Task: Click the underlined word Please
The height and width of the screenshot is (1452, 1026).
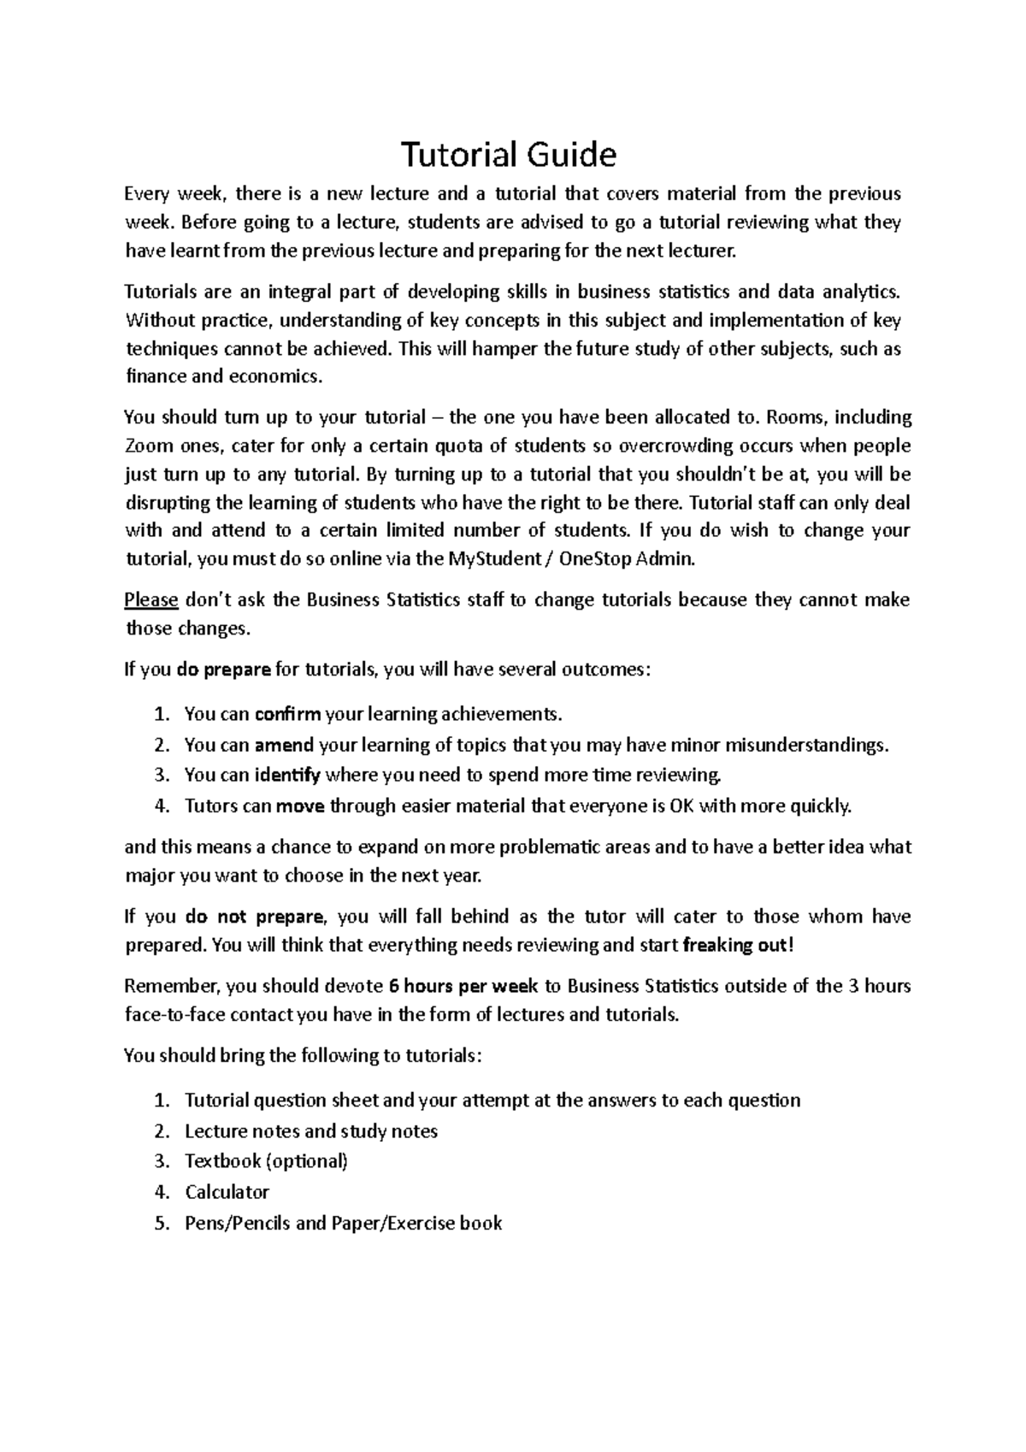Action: tap(150, 599)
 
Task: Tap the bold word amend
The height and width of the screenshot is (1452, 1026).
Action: tap(284, 744)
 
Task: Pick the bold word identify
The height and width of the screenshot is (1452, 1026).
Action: tap(287, 775)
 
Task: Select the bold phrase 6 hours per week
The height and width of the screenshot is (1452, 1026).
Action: tap(463, 986)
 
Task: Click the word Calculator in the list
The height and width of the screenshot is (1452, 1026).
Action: tap(227, 1192)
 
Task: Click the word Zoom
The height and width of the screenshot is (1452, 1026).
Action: tap(148, 446)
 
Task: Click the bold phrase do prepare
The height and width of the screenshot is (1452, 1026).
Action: tap(224, 670)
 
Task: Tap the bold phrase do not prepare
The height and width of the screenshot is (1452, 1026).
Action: tap(254, 917)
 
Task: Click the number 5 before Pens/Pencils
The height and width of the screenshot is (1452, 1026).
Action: tap(162, 1223)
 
